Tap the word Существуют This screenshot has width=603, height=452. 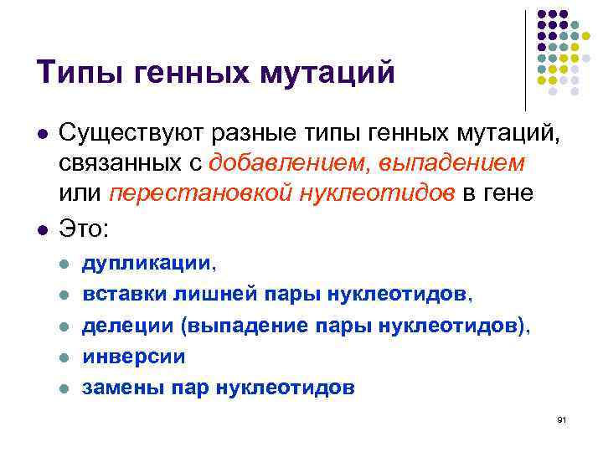coord(133,132)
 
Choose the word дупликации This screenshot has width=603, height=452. coord(147,265)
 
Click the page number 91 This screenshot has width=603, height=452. coord(561,418)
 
